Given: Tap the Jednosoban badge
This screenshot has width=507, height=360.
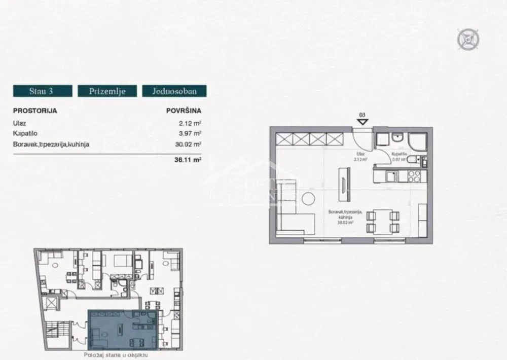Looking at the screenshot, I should click(x=174, y=91).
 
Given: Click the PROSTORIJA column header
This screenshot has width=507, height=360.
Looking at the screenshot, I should click(x=35, y=110).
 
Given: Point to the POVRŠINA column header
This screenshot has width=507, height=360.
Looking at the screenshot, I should click(x=184, y=110).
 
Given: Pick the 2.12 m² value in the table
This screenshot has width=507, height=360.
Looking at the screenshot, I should click(x=191, y=122).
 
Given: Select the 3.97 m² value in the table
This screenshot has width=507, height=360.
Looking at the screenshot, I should click(x=191, y=133).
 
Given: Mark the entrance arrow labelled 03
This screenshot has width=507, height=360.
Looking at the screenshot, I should click(x=362, y=122).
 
